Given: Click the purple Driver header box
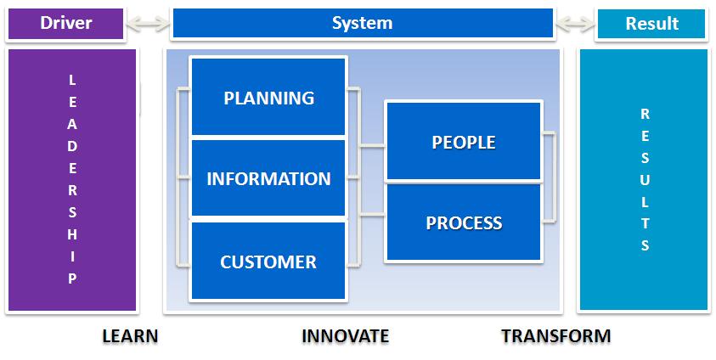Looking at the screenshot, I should pos(65,24).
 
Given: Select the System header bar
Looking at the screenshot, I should pos(362,24).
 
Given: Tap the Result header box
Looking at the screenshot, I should pos(651,24).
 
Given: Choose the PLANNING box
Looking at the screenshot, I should pos(268,98).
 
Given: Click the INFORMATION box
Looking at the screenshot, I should pos(268,179).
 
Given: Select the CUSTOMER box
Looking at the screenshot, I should pos(268,262).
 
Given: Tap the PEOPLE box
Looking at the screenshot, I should pos(464,142).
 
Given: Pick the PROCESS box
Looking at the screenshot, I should pos(464,223).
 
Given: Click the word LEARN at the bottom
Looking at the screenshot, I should pos(130,336).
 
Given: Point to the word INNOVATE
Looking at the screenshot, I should pos(345,336).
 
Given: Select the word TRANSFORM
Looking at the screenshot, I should pos(555,336).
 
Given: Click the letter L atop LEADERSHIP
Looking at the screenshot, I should pos(72,81).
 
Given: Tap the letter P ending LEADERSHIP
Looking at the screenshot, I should pos(72,278).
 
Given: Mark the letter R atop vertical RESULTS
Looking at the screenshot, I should pos(646,114).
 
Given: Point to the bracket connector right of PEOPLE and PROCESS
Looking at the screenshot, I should pos(551,177).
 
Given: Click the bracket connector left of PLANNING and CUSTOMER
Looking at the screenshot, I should pos(180,177).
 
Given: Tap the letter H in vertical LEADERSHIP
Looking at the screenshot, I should pos(72,233).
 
